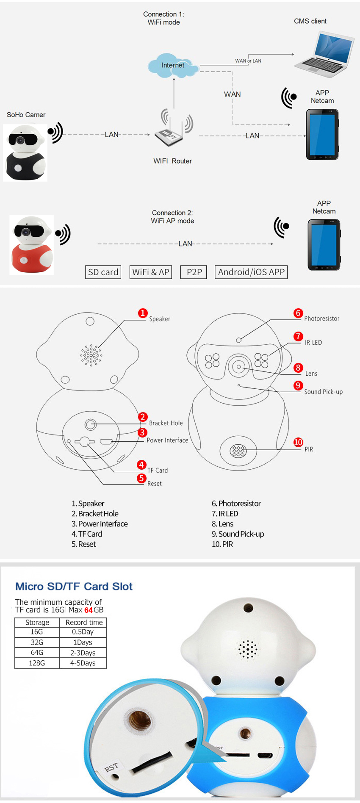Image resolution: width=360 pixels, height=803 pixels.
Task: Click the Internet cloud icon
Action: tap(173, 65)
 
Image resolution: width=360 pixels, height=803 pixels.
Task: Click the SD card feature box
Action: tap(103, 272)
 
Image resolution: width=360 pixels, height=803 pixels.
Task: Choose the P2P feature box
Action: tap(194, 272)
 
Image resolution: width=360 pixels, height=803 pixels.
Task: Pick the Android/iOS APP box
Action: tap(251, 272)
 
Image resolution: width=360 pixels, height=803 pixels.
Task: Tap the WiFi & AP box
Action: tap(150, 272)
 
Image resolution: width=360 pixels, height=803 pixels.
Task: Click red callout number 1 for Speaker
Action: tap(143, 313)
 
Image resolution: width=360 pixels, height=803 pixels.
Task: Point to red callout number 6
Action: tap(298, 313)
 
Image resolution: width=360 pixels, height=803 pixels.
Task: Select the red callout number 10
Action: tap(298, 442)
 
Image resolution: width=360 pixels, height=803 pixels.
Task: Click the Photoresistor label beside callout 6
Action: tap(321, 318)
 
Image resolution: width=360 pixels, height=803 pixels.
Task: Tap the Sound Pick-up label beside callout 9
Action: tap(323, 392)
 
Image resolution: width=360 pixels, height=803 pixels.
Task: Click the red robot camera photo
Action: tap(32, 244)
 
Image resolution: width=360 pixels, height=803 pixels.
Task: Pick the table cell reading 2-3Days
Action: tap(83, 653)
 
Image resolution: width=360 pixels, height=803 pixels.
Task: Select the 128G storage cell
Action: tap(37, 663)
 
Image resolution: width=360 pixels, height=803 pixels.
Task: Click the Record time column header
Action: tap(84, 622)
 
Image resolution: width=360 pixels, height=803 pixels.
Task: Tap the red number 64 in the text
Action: tap(88, 610)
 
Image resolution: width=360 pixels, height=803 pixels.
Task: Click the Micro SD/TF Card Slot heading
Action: tap(74, 586)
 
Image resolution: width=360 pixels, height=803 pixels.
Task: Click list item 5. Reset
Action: tap(84, 544)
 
